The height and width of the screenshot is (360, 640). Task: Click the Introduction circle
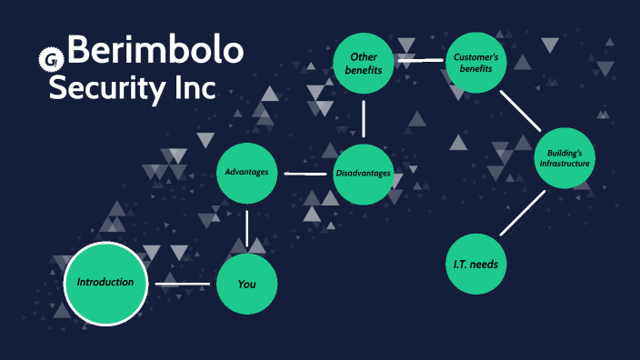tap(105, 283)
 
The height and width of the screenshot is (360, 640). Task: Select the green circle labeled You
tap(246, 285)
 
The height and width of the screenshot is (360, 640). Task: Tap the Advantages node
tap(247, 172)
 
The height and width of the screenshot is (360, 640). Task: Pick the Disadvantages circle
tap(364, 173)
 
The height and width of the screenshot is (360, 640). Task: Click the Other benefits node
tap(364, 63)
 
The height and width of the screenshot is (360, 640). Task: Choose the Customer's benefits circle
tap(475, 63)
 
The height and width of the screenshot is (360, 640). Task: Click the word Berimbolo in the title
tap(155, 52)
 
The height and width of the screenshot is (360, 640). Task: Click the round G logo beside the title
tap(50, 61)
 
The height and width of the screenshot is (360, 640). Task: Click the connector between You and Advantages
tap(247, 227)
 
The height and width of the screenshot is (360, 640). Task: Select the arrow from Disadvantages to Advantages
tap(305, 172)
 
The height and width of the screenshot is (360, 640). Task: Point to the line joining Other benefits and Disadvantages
tap(364, 118)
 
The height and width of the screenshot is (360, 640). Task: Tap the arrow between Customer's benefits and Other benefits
tap(420, 62)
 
